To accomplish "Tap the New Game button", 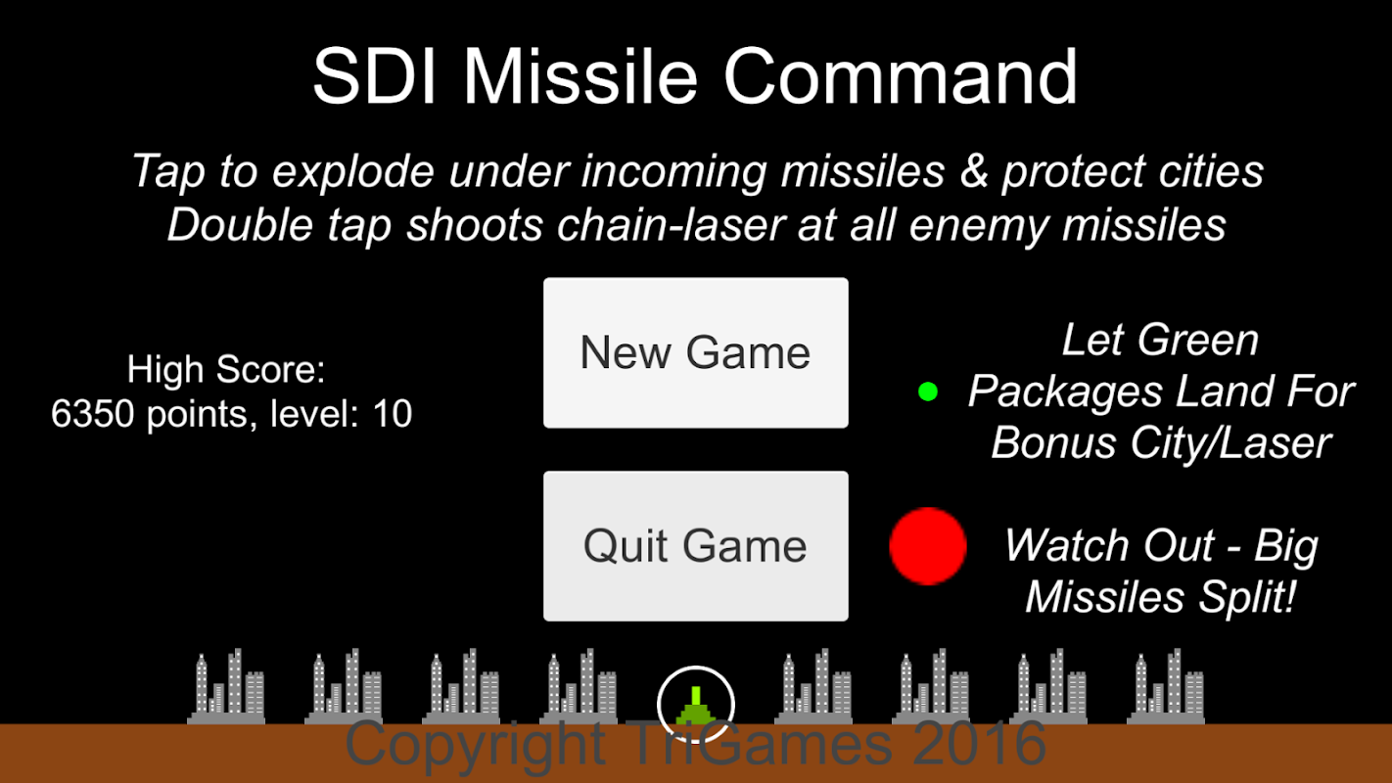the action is [695, 352].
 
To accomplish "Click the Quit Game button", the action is [695, 545].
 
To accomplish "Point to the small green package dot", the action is [928, 391].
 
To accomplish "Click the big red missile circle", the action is [928, 546].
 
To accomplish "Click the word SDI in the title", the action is [374, 77].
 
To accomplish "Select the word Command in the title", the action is [901, 77].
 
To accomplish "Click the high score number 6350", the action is [92, 413].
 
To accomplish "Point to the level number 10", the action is [393, 413].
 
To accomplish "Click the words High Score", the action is [225, 369].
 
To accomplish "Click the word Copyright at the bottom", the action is [475, 745].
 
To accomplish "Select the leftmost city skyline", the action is [226, 687].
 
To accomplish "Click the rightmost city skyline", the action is [1166, 687].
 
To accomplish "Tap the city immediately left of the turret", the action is [579, 687].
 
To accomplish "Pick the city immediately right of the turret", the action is [813, 687].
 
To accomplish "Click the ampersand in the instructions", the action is [974, 171].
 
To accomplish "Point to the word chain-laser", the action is [671, 225].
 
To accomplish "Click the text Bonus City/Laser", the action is [1161, 443].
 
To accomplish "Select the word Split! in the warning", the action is [1247, 597].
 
